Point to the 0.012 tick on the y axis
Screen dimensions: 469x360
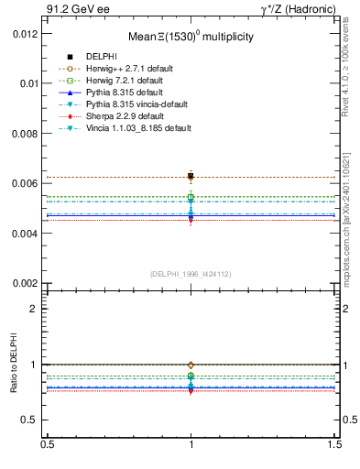pyautogui.click(x=25, y=33)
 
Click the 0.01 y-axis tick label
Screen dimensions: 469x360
pyautogui.click(x=27, y=83)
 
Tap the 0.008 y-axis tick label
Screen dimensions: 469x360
pyautogui.click(x=25, y=134)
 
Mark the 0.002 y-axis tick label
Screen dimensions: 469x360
pyautogui.click(x=25, y=283)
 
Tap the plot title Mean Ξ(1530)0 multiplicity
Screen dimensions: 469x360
pyautogui.click(x=191, y=37)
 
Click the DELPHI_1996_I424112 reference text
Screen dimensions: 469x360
pyautogui.click(x=191, y=274)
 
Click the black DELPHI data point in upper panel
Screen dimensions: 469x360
pyautogui.click(x=191, y=176)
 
